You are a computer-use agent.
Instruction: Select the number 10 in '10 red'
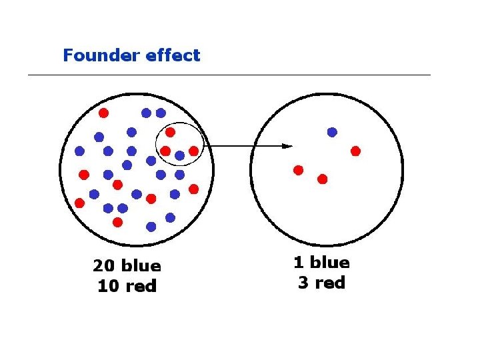pyautogui.click(x=107, y=287)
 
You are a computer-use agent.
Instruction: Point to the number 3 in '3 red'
pyautogui.click(x=303, y=283)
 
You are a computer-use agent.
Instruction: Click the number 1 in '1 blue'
pyautogui.click(x=299, y=263)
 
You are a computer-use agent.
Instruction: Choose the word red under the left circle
pyautogui.click(x=141, y=287)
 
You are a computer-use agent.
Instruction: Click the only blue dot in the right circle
pyautogui.click(x=332, y=132)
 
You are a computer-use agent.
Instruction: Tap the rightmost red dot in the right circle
pyautogui.click(x=355, y=151)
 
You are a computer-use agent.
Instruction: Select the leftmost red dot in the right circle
pyautogui.click(x=298, y=170)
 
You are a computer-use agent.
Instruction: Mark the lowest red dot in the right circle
pyautogui.click(x=322, y=179)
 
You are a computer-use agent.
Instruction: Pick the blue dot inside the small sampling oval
pyautogui.click(x=179, y=155)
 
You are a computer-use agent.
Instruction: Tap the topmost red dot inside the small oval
pyautogui.click(x=170, y=132)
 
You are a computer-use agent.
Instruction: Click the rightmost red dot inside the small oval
pyautogui.click(x=193, y=151)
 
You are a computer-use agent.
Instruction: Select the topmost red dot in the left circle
pyautogui.click(x=103, y=113)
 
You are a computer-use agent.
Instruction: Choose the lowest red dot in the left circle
pyautogui.click(x=118, y=221)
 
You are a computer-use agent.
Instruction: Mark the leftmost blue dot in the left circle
pyautogui.click(x=80, y=151)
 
